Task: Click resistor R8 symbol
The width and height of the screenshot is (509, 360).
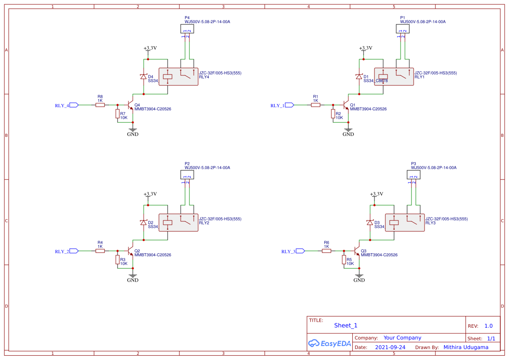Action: [x=100, y=105]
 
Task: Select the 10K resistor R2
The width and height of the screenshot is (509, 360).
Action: [x=333, y=114]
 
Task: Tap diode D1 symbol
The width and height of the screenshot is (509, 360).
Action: [x=359, y=77]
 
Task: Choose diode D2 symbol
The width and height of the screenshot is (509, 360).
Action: [x=143, y=223]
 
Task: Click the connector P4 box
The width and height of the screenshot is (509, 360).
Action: [x=187, y=29]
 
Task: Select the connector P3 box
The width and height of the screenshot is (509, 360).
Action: [x=413, y=175]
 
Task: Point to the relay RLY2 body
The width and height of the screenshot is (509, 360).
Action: [x=178, y=223]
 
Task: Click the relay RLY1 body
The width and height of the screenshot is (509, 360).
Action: [x=394, y=77]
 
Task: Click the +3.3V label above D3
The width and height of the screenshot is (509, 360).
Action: [x=376, y=194]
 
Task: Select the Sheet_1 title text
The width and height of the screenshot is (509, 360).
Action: [x=346, y=326]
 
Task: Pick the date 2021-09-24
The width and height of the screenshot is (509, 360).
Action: [x=390, y=347]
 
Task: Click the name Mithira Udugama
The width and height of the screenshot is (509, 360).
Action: [x=465, y=347]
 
